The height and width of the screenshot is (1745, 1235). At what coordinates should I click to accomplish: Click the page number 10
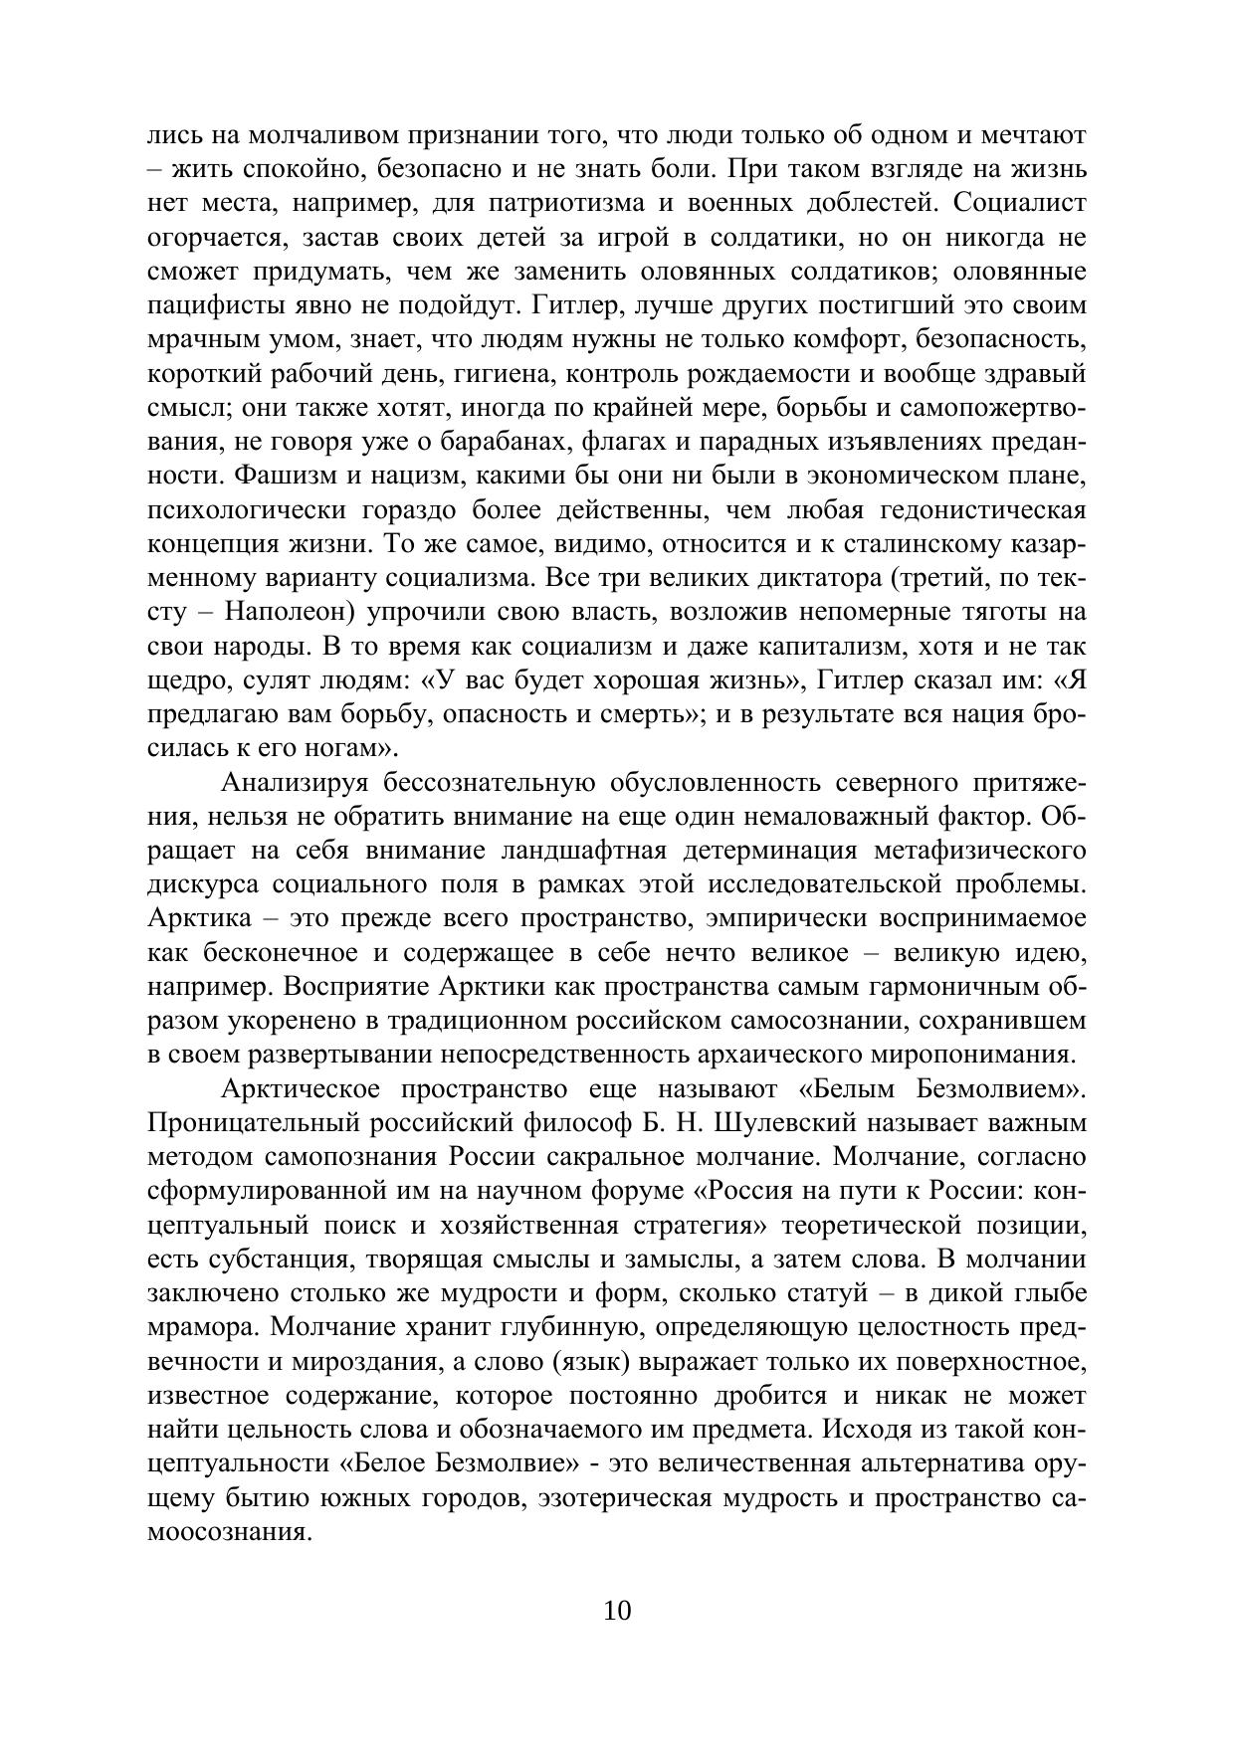click(x=617, y=1610)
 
